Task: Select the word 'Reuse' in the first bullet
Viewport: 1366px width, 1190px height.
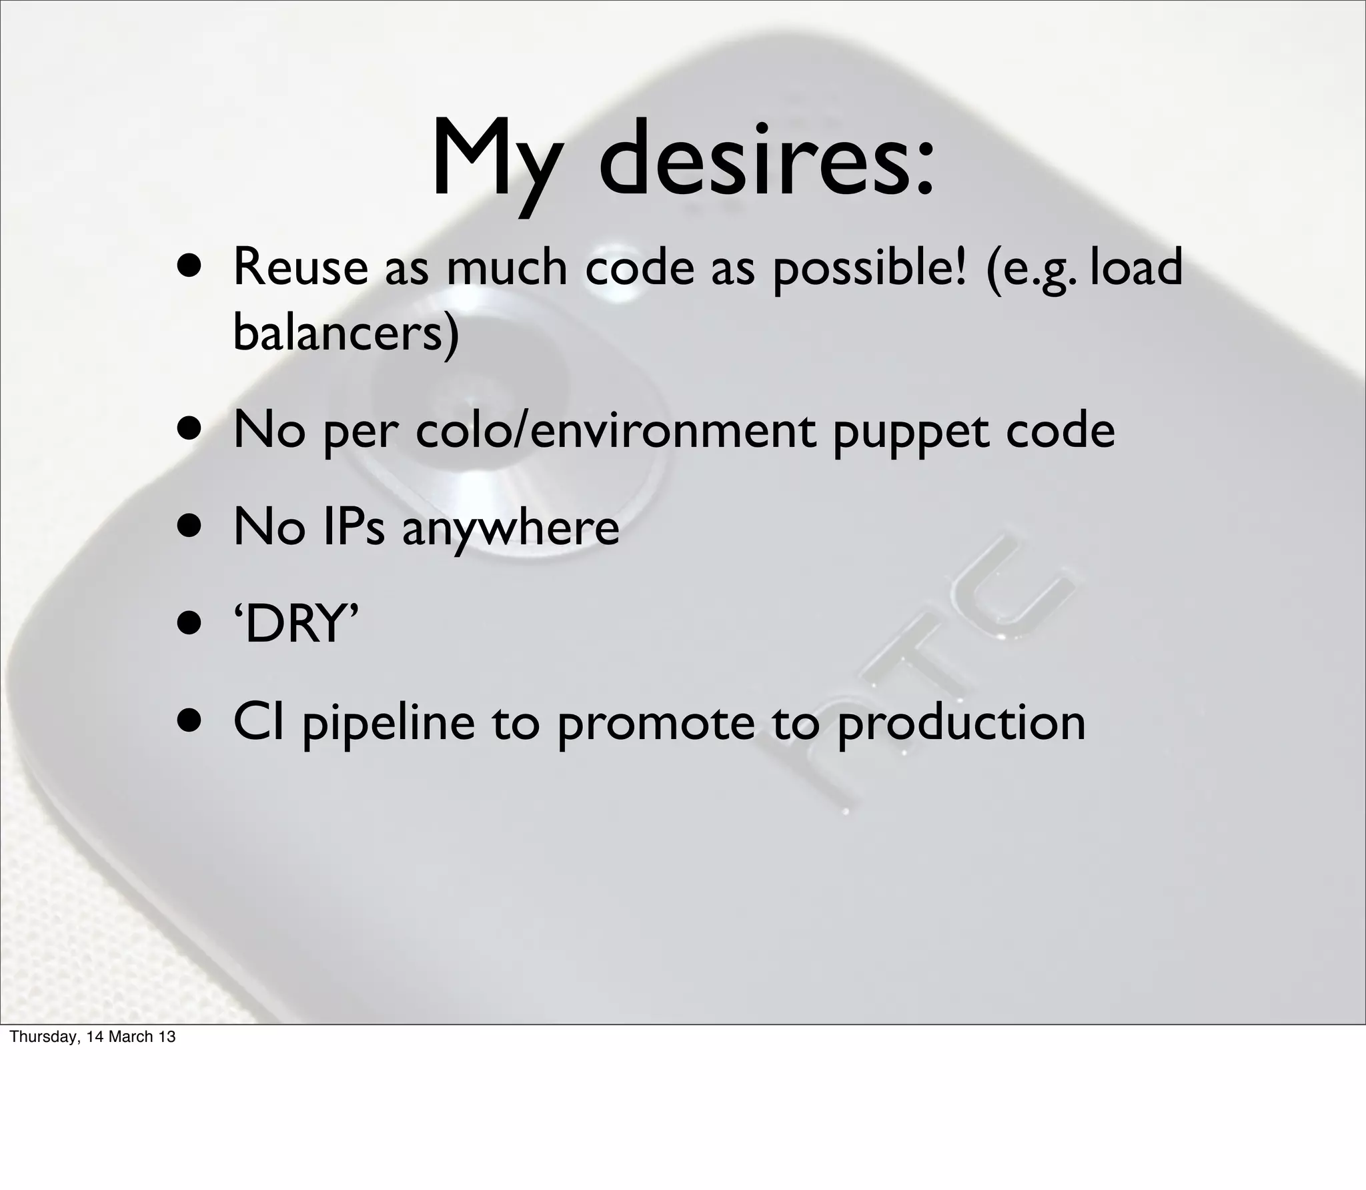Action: (300, 267)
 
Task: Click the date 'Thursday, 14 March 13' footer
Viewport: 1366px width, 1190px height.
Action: (93, 1037)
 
